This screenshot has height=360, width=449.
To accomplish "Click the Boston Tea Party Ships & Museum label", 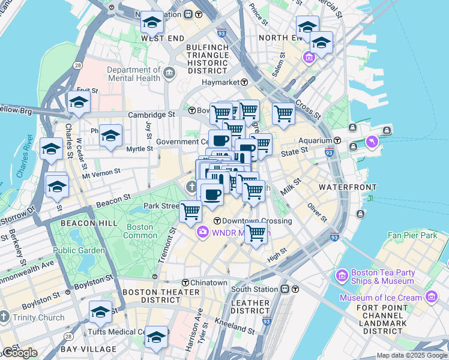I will [x=382, y=276].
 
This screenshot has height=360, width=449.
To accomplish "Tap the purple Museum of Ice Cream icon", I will [x=431, y=298].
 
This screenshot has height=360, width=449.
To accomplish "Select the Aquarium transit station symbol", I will [x=337, y=140].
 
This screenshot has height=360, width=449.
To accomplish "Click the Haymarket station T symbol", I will [x=245, y=82].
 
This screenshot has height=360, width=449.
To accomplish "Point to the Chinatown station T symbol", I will [x=185, y=283].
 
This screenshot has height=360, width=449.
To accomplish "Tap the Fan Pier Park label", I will [x=412, y=236].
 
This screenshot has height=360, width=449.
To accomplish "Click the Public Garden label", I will [x=79, y=250].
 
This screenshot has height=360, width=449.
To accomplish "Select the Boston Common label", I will [x=140, y=231].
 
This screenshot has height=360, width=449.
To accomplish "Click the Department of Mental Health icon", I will [x=169, y=74].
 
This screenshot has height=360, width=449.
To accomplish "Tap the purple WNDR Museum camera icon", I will [x=203, y=232].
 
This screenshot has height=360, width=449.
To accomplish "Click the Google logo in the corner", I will [x=19, y=353].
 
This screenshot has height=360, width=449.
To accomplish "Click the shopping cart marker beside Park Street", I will [x=190, y=210].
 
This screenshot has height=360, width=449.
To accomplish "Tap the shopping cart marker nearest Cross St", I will [x=283, y=112].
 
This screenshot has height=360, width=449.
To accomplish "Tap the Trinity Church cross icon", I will [x=4, y=316].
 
